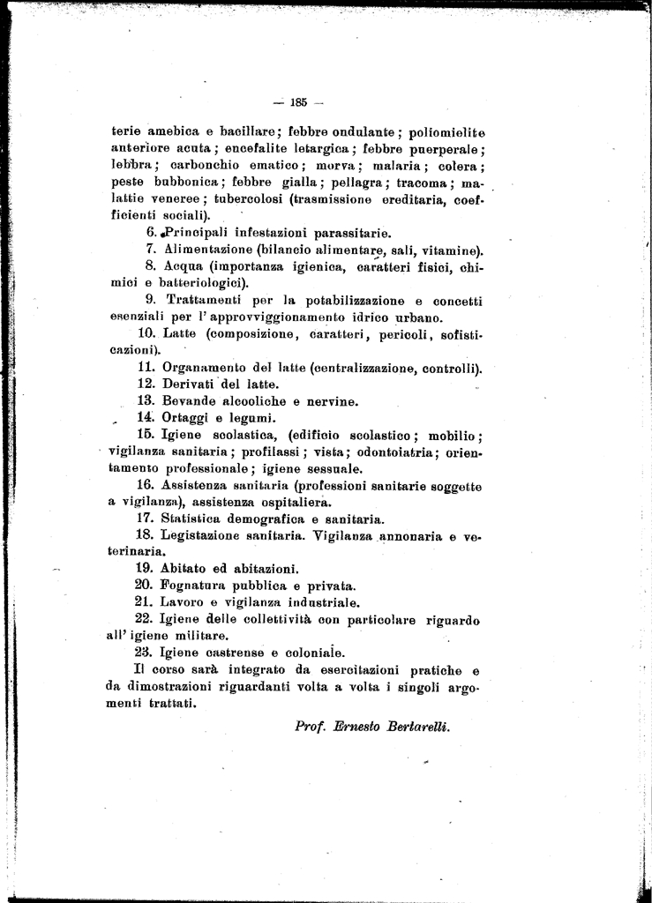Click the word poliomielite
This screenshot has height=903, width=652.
[x=445, y=132]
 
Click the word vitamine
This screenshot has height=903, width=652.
[x=450, y=250]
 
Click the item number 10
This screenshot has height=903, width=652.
[x=147, y=333]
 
